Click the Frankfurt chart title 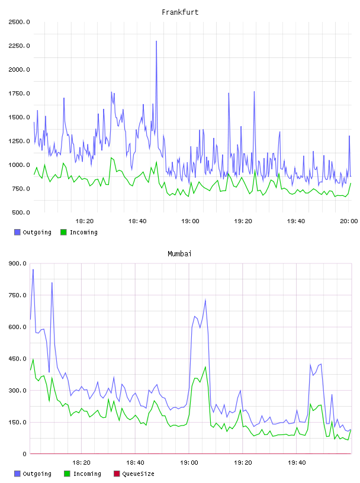[x=180, y=12]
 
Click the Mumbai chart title [x=179, y=254]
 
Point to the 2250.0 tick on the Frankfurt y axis [x=20, y=46]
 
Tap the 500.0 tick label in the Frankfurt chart [x=21, y=212]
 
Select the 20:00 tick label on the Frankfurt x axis [x=349, y=221]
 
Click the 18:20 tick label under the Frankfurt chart [x=85, y=221]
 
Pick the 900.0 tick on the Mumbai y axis [x=18, y=263]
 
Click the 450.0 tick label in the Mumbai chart [x=18, y=359]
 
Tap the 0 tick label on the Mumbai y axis [x=25, y=454]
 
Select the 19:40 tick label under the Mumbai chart [x=297, y=463]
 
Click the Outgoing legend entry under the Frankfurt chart [x=33, y=232]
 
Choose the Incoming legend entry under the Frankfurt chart [x=79, y=232]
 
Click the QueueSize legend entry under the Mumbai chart [x=134, y=474]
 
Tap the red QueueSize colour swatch [x=117, y=474]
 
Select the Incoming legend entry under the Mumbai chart [x=83, y=474]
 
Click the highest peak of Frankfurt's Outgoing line [x=156, y=41]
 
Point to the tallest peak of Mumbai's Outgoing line [x=33, y=269]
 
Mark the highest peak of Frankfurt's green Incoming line [x=111, y=157]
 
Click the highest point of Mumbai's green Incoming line [x=33, y=359]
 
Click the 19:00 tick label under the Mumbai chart [x=189, y=463]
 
